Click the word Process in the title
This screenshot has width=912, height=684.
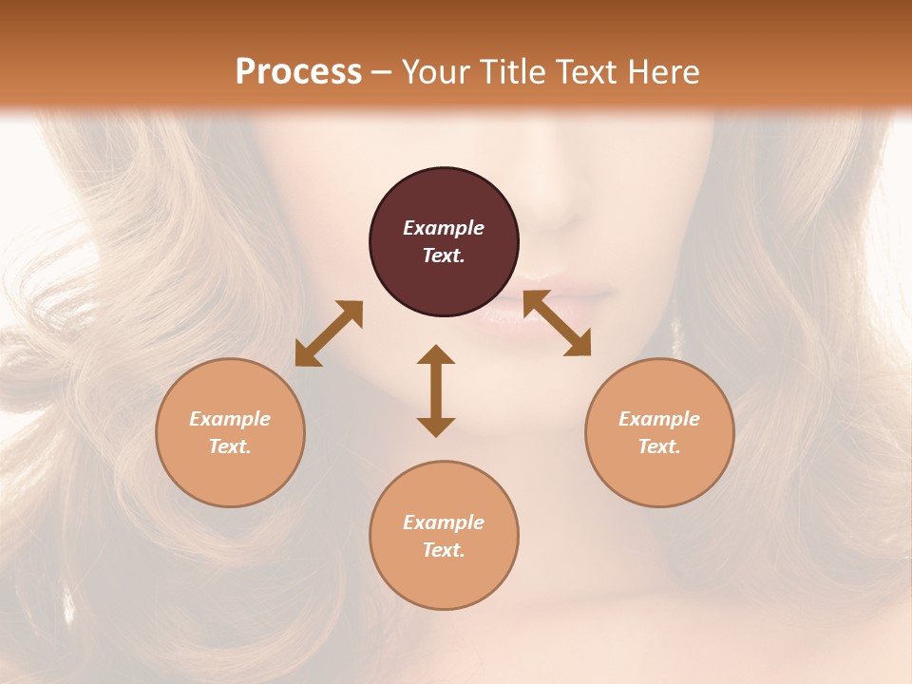(298, 72)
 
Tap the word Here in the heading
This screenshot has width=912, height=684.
(663, 72)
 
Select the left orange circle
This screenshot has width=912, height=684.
(230, 432)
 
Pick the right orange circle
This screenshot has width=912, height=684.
(659, 432)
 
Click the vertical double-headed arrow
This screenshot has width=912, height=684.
(436, 390)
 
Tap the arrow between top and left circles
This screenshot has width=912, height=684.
(329, 332)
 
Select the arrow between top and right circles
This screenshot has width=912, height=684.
(557, 323)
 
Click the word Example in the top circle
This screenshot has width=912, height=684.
(444, 228)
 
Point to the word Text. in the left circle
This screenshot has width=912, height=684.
(230, 446)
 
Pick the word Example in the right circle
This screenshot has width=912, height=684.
(659, 419)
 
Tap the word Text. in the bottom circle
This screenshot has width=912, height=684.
(444, 550)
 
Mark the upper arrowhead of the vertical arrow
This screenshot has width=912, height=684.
(436, 354)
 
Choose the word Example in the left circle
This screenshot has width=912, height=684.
(230, 419)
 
